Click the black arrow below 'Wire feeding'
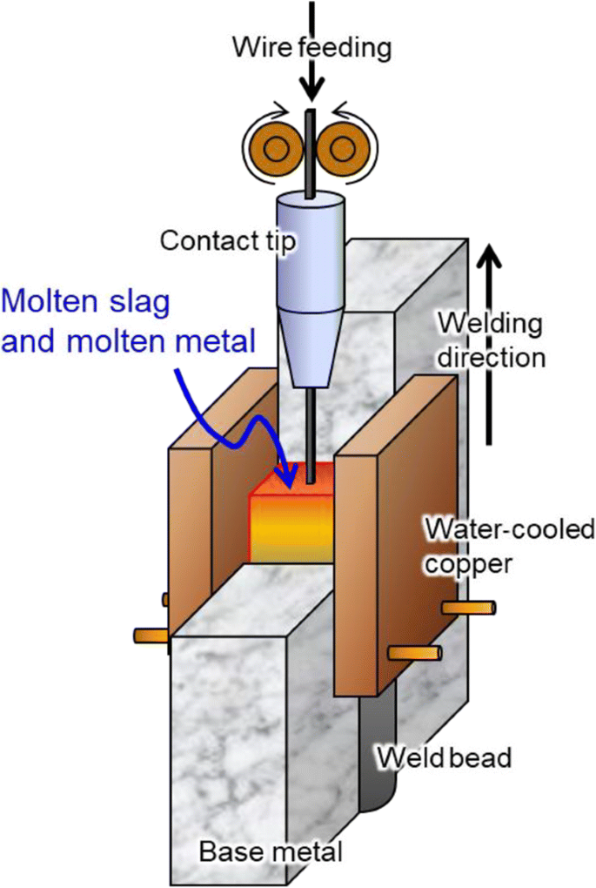click(x=311, y=83)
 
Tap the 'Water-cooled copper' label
click(x=508, y=543)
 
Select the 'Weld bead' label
click(x=444, y=757)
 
